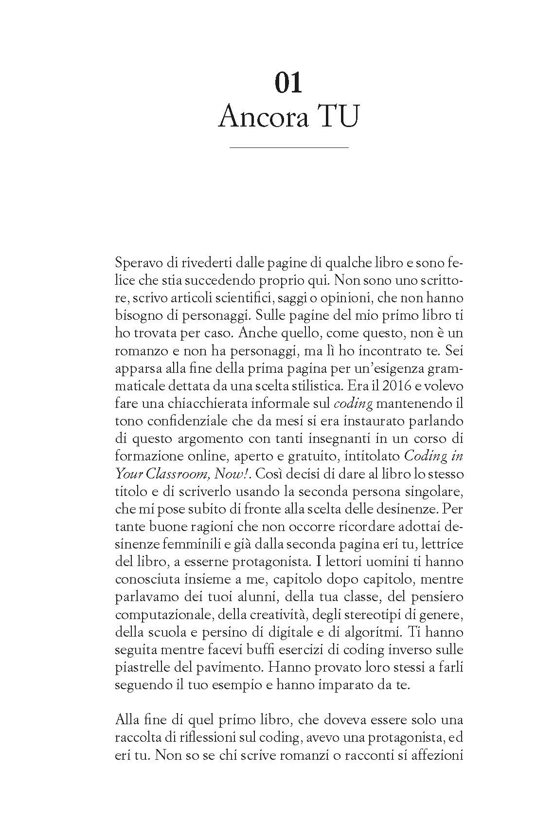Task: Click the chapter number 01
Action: click(x=288, y=83)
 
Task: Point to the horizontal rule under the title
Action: click(x=288, y=147)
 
